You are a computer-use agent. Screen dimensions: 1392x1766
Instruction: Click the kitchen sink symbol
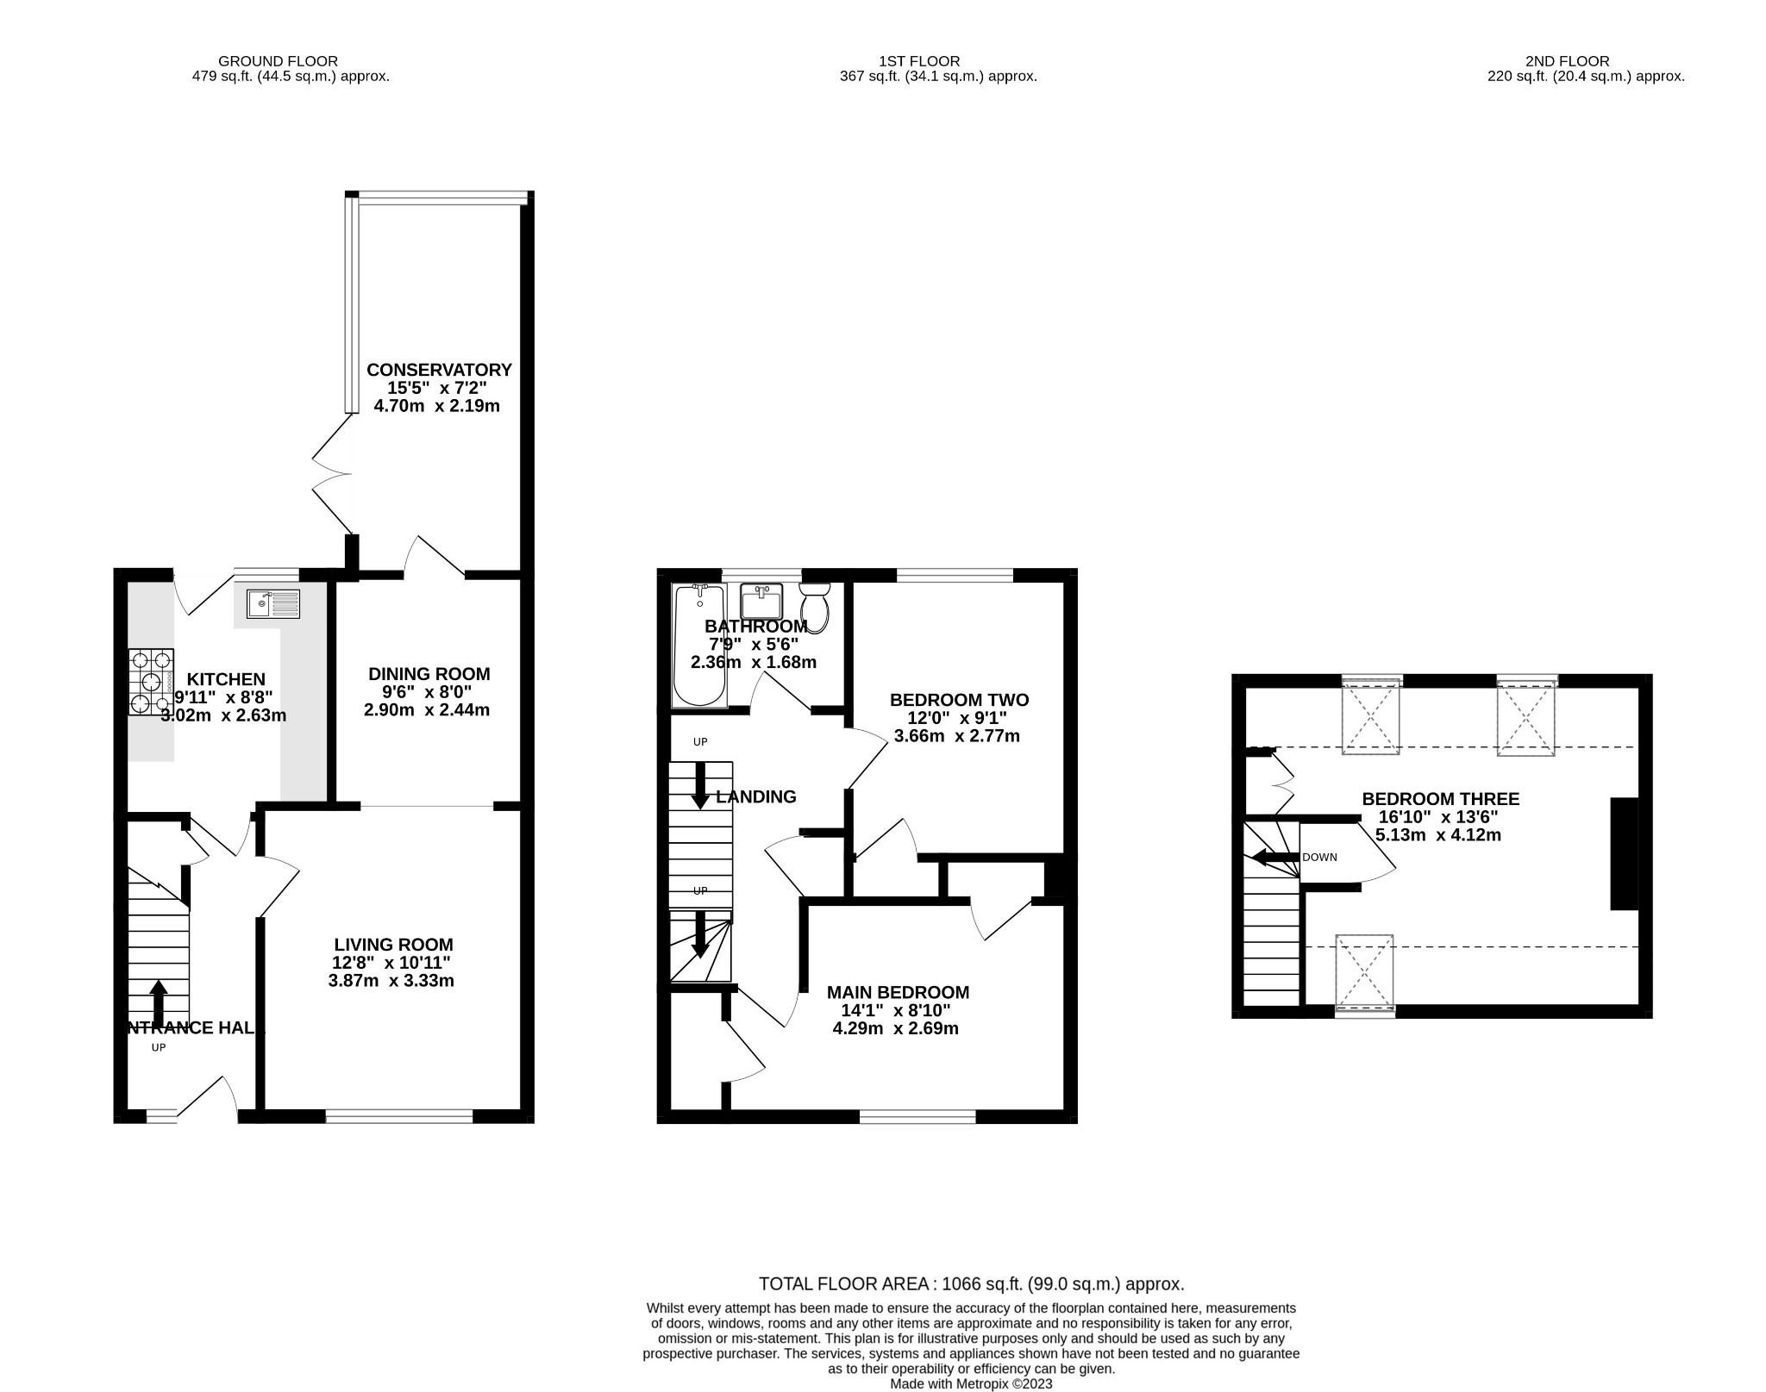click(272, 603)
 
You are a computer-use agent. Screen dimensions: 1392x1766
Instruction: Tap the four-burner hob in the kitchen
click(151, 682)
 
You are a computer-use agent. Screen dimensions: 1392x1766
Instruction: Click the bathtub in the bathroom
click(698, 645)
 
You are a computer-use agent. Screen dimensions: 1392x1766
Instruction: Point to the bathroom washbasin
click(761, 601)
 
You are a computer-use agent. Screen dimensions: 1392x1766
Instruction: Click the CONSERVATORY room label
click(439, 370)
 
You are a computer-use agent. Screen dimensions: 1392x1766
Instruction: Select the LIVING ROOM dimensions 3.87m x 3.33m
click(391, 981)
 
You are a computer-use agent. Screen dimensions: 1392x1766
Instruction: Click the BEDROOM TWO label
click(959, 700)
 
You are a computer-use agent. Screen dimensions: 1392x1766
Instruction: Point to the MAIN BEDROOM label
click(898, 992)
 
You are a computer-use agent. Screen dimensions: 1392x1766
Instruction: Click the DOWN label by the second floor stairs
click(1319, 858)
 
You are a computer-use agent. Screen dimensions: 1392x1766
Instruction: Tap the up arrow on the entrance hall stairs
click(159, 1002)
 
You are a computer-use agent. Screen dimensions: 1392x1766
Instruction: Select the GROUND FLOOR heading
click(278, 61)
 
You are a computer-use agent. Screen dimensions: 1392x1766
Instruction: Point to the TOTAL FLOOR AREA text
click(971, 1283)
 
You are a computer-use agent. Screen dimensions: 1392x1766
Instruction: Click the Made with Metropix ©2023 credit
click(971, 1384)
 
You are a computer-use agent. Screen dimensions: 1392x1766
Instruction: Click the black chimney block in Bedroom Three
click(1624, 854)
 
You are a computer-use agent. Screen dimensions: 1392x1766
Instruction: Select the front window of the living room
click(399, 1117)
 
